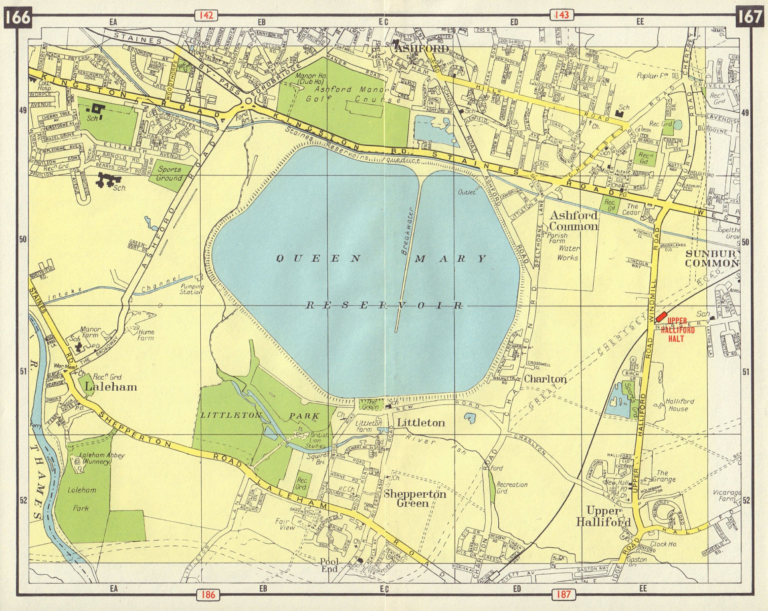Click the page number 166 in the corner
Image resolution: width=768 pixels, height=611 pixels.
18,17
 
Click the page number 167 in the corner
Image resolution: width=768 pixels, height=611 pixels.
750,17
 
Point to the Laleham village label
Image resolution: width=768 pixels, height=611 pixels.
111,387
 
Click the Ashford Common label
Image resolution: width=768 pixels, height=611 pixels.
573,221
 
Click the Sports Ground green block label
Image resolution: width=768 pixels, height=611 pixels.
170,173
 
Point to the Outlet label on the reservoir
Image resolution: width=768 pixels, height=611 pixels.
467,192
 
